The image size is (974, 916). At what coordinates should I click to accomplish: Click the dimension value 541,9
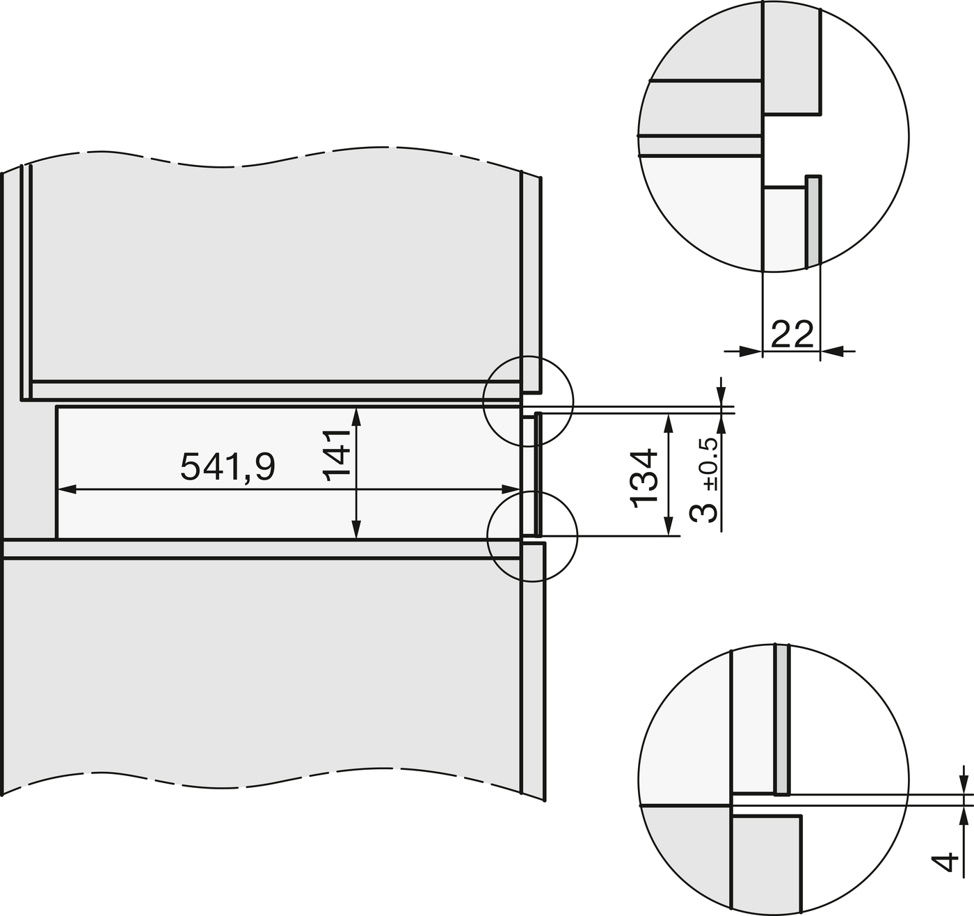coord(227,467)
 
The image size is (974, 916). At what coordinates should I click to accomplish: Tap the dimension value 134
coord(644,478)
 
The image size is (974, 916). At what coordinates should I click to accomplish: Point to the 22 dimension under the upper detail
coord(792,334)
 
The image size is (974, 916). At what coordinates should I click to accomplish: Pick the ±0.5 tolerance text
coord(710,464)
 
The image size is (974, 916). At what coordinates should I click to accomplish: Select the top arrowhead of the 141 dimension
coord(356,416)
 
